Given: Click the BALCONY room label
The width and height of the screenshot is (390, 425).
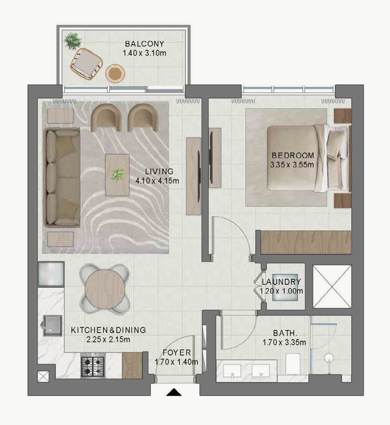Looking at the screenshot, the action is click(144, 44).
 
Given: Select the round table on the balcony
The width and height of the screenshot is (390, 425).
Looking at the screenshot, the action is click(115, 73).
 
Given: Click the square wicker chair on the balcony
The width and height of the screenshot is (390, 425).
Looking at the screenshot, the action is click(87, 63).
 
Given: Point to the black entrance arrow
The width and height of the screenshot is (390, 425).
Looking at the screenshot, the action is click(174, 392).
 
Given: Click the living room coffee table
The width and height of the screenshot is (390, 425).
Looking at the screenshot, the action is click(117, 175).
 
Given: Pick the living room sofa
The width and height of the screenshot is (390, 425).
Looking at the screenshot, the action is click(62, 177).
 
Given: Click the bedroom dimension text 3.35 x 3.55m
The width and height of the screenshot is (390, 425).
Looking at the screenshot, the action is click(292, 165).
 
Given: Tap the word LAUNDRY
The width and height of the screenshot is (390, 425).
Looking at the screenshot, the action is click(281, 282).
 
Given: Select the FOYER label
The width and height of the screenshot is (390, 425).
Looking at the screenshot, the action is click(177, 352).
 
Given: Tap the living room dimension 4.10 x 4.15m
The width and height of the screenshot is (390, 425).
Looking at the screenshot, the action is click(158, 181).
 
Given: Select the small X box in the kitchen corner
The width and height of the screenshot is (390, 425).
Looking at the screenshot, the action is click(44, 376).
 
